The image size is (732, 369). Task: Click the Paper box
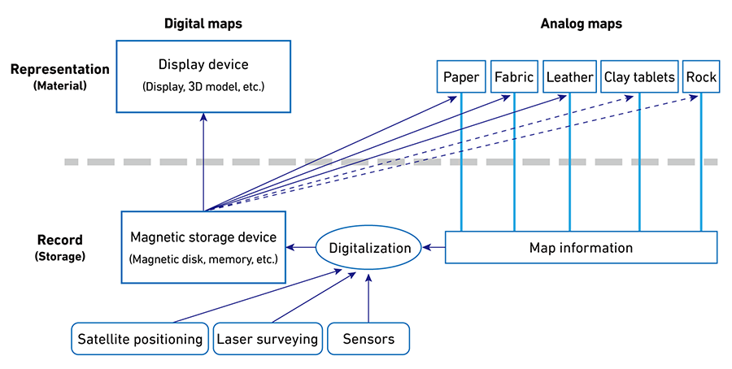point(461,77)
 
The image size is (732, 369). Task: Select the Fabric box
point(514,77)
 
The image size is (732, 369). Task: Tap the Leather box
point(569,77)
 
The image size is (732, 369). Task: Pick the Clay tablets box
point(639,77)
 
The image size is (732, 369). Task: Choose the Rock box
point(701,77)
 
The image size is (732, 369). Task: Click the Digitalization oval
point(369,248)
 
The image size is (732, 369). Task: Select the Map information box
point(581,247)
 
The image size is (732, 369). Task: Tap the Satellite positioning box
point(139,339)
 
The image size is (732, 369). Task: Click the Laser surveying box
point(267,339)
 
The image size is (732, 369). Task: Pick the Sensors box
point(368,339)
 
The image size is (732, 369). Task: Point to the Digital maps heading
point(203,24)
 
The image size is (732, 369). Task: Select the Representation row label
point(59,70)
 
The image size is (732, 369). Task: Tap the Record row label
point(59,241)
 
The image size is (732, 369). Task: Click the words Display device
point(203,65)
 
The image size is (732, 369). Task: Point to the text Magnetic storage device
point(203,237)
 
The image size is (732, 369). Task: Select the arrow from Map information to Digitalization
point(434,247)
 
